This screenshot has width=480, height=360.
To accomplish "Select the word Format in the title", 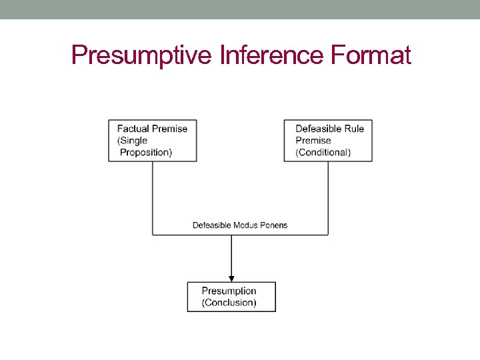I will coord(371,55).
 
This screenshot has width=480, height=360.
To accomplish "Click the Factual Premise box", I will coord(153,140).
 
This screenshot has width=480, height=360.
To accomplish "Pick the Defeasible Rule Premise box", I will coord(328,140).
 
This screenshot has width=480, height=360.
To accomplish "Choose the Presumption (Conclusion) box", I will coord(231,297).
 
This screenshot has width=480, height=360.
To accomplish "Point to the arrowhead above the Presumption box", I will coord(231,278).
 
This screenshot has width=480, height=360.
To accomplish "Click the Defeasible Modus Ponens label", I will coord(240,225).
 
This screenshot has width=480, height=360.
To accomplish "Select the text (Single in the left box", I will coord(132,141).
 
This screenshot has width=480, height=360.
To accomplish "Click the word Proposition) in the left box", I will coord(146,152).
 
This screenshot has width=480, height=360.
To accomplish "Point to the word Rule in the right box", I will coord(353,129).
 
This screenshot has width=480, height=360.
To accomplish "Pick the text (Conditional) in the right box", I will coord(323,152).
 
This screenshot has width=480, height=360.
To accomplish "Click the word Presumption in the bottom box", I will coord(229,291).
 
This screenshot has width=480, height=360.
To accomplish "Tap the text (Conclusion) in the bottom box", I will coord(229,303).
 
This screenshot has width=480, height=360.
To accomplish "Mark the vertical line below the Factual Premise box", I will coord(153,197).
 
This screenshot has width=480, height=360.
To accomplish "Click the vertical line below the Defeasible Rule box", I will coord(328,197).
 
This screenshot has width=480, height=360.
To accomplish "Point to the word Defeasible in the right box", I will coord(317,129).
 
